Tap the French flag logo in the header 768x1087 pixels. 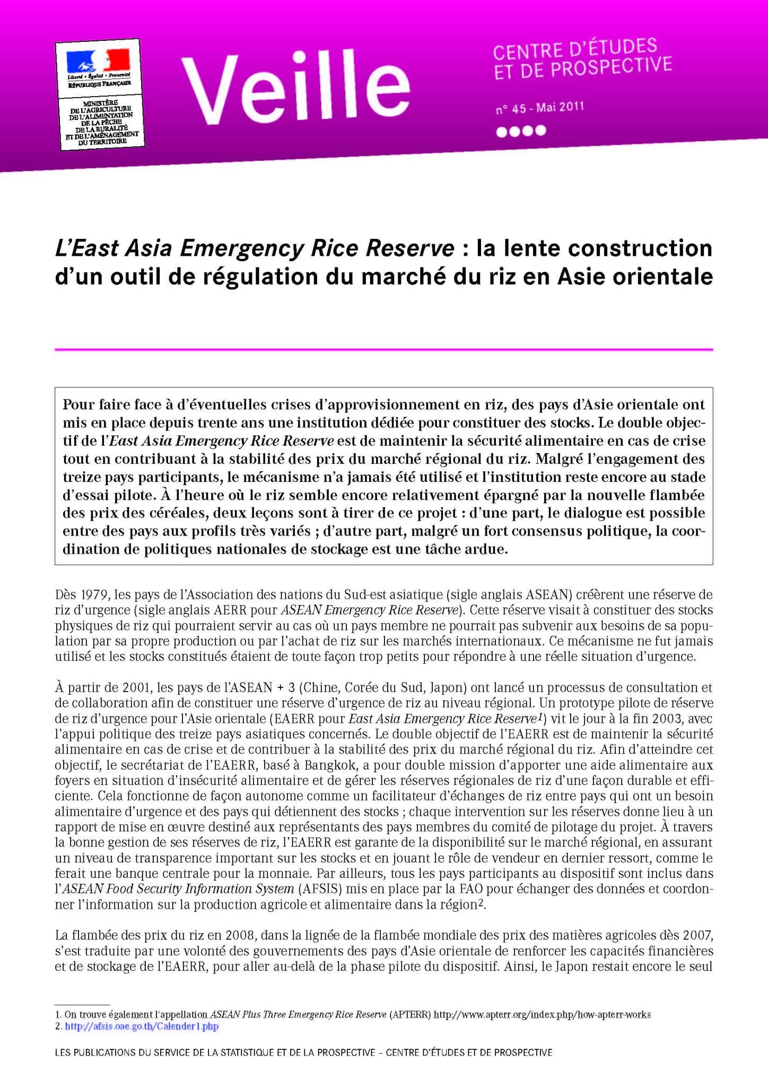98,61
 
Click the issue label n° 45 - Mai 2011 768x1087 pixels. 539,108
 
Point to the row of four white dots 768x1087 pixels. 520,131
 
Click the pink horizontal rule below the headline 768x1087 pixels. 383,349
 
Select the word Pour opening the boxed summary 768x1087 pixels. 79,405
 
